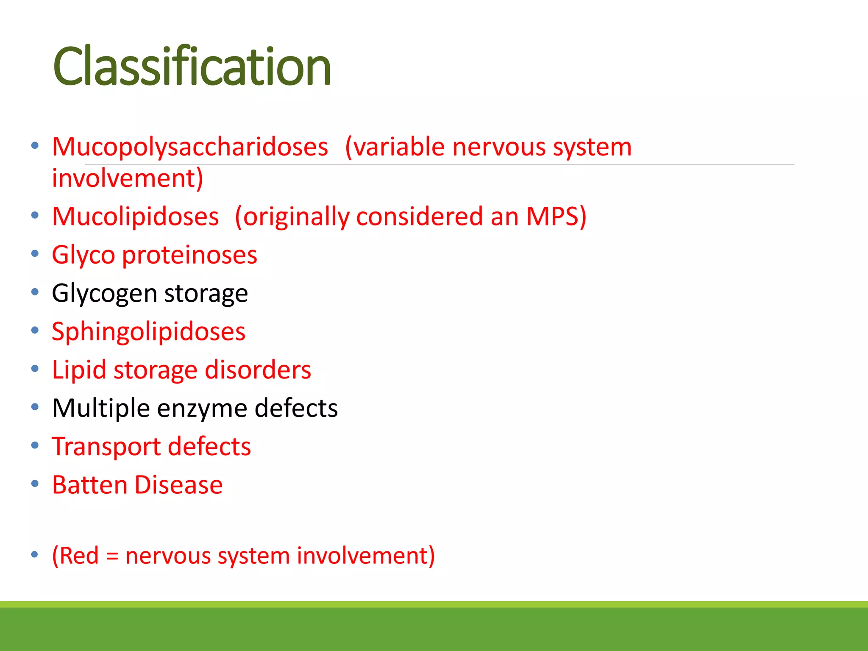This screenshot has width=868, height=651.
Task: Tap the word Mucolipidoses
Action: click(135, 217)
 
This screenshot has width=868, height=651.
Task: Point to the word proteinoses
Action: click(189, 255)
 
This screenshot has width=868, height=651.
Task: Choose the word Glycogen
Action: click(105, 294)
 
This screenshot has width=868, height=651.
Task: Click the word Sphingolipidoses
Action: click(148, 332)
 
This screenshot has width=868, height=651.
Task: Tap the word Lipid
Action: click(79, 370)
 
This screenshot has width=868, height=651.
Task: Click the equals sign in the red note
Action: click(112, 556)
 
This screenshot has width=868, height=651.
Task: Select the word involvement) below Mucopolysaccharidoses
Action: click(128, 178)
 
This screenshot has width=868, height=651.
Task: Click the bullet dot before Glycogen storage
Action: click(35, 292)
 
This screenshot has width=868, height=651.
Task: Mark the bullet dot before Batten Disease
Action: click(35, 484)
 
